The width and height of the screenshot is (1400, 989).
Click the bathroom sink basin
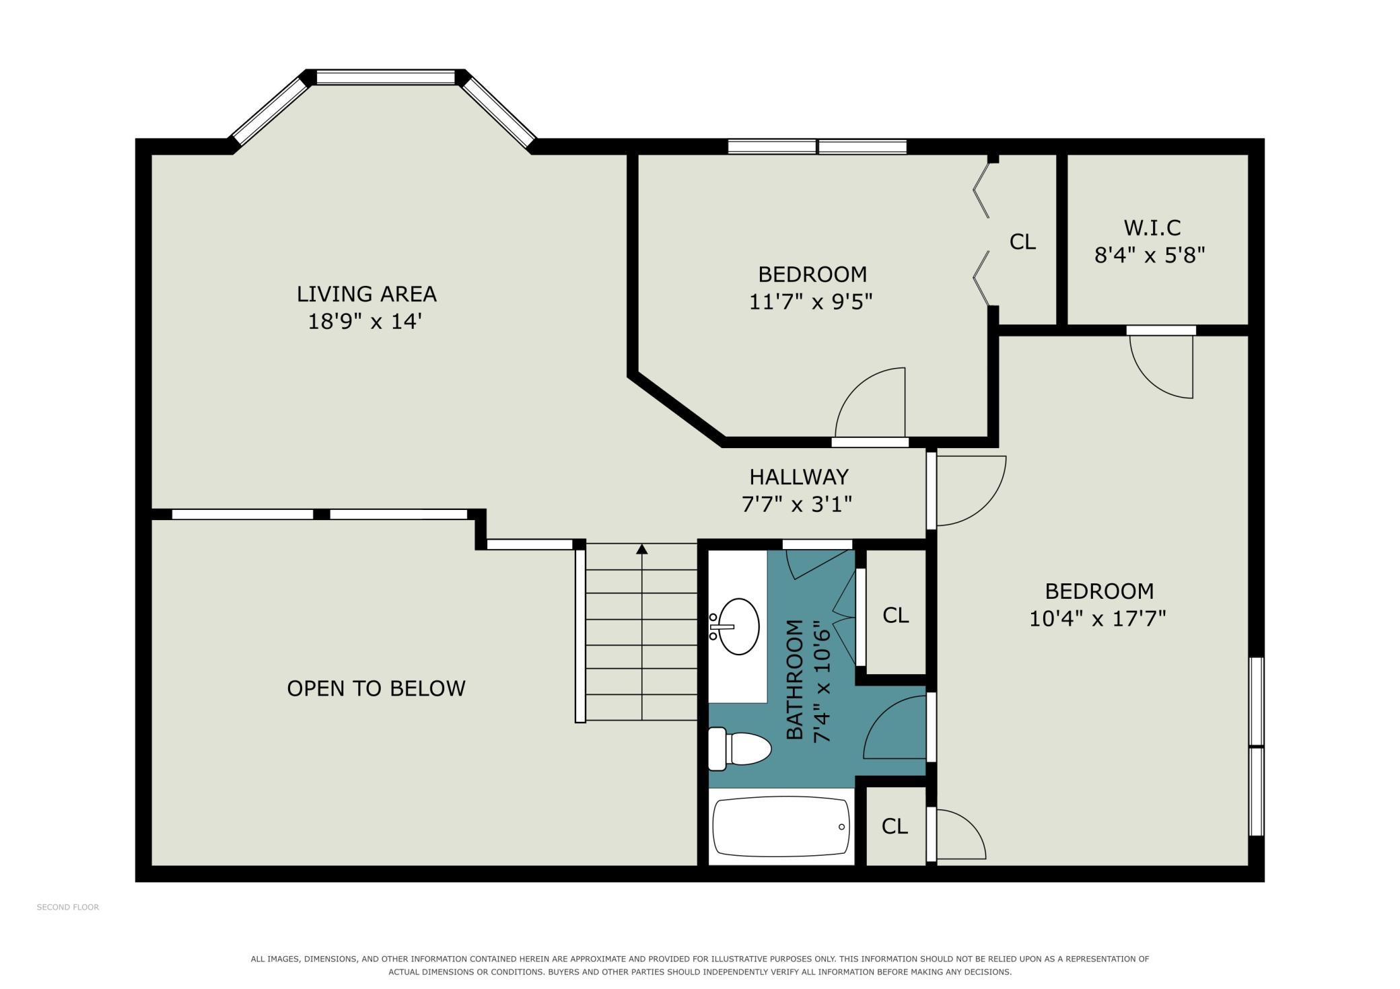click(x=739, y=626)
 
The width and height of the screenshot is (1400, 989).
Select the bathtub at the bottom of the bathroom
click(x=781, y=827)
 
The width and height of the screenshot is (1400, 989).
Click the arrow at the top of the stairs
click(x=642, y=549)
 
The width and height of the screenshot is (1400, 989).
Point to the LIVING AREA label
click(x=367, y=294)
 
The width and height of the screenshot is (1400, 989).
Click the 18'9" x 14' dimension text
click(x=365, y=322)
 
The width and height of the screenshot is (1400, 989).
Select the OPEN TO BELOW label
click(x=376, y=688)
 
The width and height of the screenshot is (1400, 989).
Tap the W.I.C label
click(x=1152, y=228)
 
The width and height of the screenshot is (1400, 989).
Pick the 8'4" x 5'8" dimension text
click(x=1150, y=256)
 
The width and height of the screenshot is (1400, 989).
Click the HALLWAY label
click(x=799, y=477)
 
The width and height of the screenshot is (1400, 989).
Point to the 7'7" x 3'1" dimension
click(x=797, y=504)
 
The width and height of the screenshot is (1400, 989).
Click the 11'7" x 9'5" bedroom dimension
click(x=811, y=301)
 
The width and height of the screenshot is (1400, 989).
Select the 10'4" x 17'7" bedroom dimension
click(x=1098, y=618)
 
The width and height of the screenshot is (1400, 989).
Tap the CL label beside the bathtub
click(x=895, y=826)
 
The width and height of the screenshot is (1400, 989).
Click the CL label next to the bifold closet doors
click(x=1022, y=242)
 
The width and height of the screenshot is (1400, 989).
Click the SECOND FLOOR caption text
click(x=68, y=907)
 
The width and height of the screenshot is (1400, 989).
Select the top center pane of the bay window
click(x=386, y=78)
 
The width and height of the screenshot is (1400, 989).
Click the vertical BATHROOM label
click(x=795, y=680)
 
